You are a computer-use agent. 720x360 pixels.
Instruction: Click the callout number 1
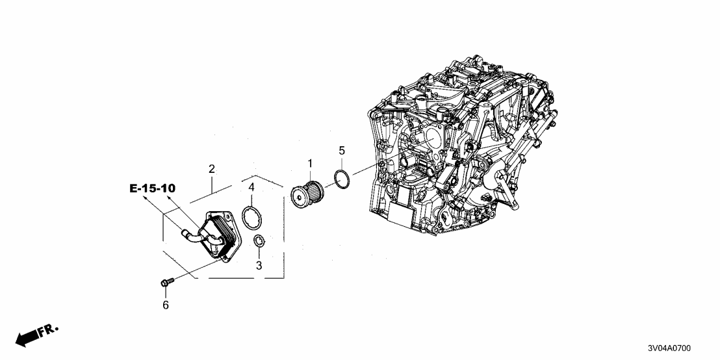(311, 162)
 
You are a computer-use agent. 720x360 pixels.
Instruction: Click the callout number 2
(212, 169)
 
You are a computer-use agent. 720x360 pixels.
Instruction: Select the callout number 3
(258, 266)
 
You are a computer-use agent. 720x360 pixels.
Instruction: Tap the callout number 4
(251, 188)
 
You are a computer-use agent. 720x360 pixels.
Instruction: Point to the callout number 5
(342, 151)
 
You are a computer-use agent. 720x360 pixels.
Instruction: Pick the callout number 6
(165, 305)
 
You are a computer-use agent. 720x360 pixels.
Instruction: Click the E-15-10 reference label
(152, 188)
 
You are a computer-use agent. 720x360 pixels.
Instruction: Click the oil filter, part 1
(305, 193)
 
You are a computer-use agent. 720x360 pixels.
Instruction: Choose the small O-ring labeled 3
(258, 242)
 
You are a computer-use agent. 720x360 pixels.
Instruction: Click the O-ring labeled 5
(342, 177)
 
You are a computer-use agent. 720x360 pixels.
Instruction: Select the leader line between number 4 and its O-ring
(251, 199)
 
